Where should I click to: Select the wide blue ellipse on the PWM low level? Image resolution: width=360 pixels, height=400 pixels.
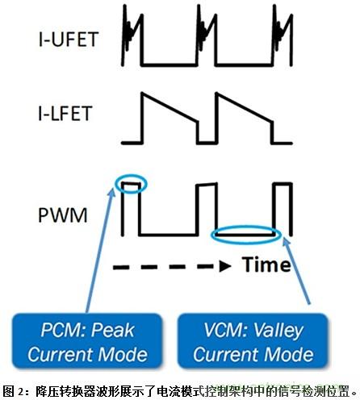pos(248,235)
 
